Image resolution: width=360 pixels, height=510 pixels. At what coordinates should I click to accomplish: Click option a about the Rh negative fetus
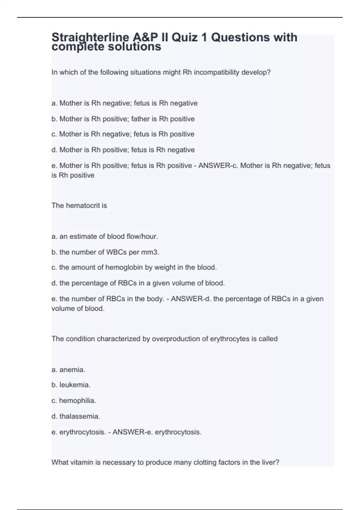124,103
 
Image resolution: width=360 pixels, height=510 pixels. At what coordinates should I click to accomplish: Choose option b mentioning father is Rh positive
123,119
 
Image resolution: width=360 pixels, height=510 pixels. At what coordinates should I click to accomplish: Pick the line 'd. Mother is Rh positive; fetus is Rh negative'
123,150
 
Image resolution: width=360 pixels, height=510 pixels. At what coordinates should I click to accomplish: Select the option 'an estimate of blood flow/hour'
105,236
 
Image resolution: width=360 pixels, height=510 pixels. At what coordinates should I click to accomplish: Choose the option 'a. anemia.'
68,370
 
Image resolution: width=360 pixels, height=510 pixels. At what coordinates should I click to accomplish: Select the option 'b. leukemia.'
71,385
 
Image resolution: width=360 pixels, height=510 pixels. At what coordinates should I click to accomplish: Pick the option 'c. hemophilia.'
74,400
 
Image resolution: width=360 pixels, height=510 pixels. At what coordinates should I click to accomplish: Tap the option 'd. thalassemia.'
76,416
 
